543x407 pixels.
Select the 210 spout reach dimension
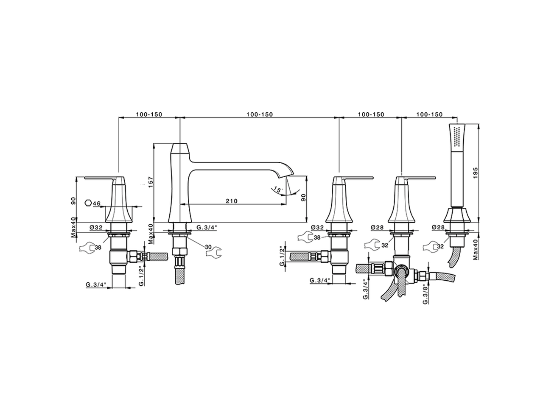(x=231, y=201)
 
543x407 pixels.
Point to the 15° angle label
(x=277, y=190)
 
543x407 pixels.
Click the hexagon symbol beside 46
(x=88, y=203)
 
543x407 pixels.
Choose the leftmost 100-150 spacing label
(x=148, y=114)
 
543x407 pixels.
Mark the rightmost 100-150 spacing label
(x=429, y=114)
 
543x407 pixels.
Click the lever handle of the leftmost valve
(x=100, y=178)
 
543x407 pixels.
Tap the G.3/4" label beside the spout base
(x=207, y=228)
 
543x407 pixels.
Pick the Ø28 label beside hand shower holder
(x=438, y=228)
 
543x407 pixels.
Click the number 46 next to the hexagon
(x=97, y=203)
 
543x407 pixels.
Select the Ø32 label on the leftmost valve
(x=96, y=228)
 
